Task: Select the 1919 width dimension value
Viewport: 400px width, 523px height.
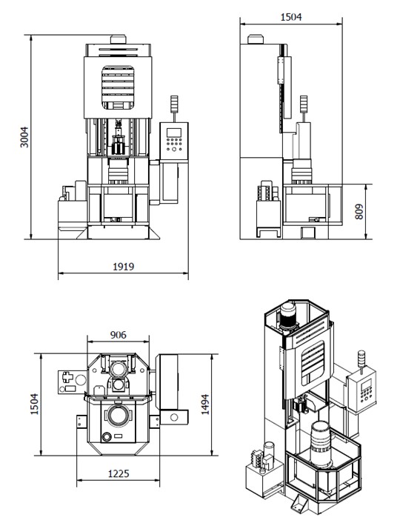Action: pyautogui.click(x=123, y=267)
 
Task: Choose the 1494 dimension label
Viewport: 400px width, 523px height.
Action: pyautogui.click(x=223, y=405)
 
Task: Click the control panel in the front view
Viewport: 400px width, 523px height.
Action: pyautogui.click(x=176, y=141)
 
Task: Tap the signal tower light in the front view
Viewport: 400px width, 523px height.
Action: pyautogui.click(x=175, y=107)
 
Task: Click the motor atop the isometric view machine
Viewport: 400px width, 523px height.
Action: pyautogui.click(x=289, y=319)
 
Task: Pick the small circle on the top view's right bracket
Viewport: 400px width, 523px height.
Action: pyautogui.click(x=174, y=418)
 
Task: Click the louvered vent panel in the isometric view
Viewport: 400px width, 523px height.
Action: pyautogui.click(x=313, y=363)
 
